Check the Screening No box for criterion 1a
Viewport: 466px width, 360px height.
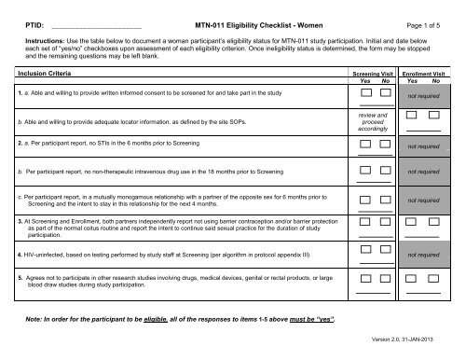(378, 92)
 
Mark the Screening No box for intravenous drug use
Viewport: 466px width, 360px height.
(378, 171)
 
